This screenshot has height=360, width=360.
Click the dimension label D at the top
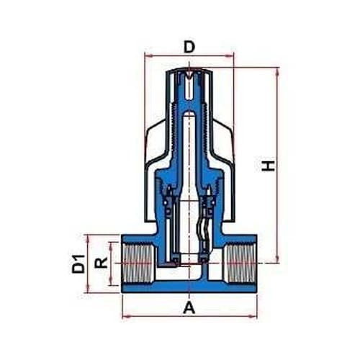click(189, 47)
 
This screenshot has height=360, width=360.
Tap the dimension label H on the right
click(268, 166)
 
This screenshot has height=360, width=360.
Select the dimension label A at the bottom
click(189, 307)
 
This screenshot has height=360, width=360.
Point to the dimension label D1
click(78, 264)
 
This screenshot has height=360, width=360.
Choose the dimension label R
click(101, 263)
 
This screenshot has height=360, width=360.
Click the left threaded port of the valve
click(138, 264)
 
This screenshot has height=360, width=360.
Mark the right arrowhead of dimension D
click(230, 56)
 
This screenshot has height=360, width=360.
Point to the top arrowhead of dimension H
click(278, 71)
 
